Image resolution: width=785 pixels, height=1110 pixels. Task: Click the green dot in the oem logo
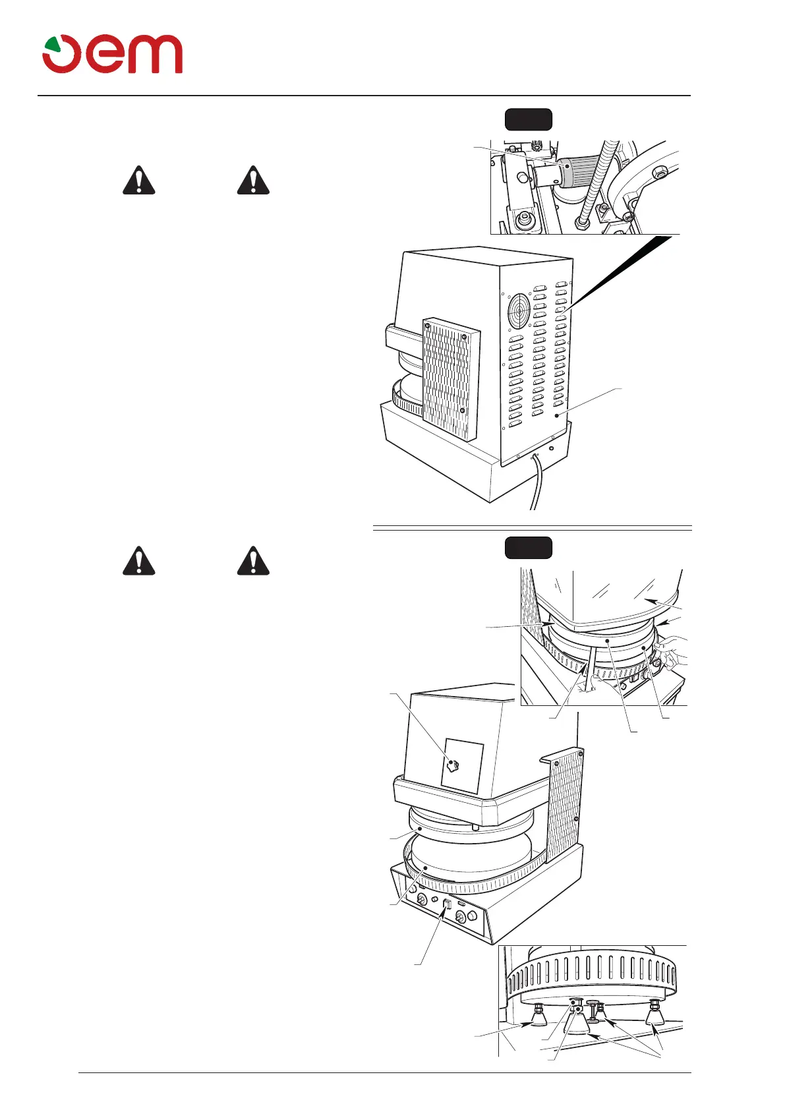[52, 47]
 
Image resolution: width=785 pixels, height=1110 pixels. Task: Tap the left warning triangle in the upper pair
[139, 180]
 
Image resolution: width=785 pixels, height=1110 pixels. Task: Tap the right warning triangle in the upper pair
[253, 180]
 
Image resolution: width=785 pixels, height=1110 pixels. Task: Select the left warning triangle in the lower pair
[139, 561]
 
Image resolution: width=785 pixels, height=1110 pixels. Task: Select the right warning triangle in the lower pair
[253, 561]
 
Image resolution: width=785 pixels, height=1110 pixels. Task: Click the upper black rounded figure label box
[528, 119]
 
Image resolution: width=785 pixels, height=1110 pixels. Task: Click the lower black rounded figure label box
[528, 548]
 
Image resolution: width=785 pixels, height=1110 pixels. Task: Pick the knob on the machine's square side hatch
[453, 765]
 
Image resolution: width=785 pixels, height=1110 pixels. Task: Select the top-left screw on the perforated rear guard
[427, 323]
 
